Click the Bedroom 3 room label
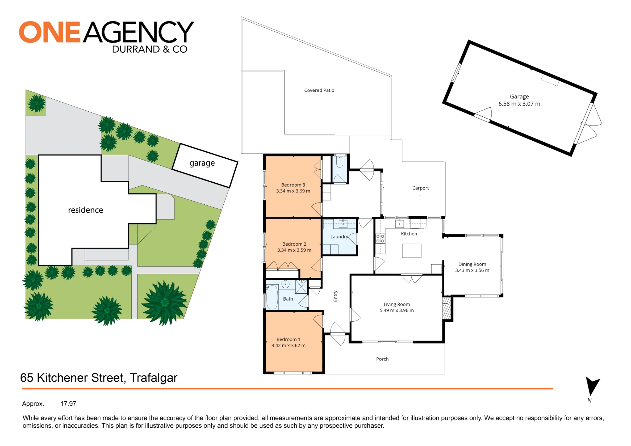coord(293,185)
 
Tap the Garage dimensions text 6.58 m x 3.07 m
coord(519,104)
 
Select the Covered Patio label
coord(319,90)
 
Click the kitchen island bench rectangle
coord(412,251)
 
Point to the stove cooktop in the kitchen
coord(380,238)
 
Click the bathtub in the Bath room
coord(272,297)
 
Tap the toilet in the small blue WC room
coord(340,161)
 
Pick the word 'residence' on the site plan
coord(86,210)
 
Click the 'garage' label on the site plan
coord(202,163)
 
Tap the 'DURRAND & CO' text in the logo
coord(150,49)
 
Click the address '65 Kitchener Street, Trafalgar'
coord(99,378)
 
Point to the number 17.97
coord(68,404)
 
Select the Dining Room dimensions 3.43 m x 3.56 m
coord(472,270)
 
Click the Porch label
coord(382,359)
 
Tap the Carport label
coord(421,188)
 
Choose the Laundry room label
coord(339,237)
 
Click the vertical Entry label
coord(335,296)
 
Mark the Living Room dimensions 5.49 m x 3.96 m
coord(397,310)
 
